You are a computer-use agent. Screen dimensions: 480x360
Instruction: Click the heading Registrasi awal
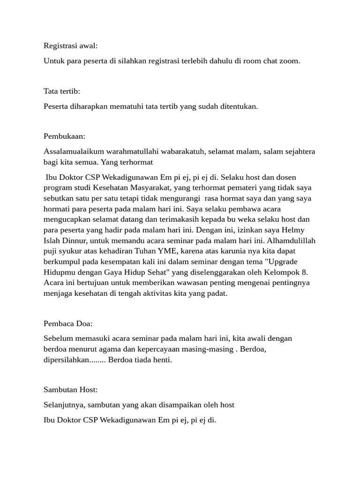[x=71, y=46]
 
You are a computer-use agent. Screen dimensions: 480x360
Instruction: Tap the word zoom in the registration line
[x=290, y=61]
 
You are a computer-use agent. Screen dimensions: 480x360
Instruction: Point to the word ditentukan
[x=238, y=106]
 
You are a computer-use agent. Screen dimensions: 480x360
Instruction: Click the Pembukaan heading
[x=65, y=136]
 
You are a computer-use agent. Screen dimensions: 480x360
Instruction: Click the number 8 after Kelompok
[x=305, y=272]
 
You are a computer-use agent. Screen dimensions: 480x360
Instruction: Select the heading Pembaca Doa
[x=68, y=323]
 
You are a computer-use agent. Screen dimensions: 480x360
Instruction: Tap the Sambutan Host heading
[x=70, y=390]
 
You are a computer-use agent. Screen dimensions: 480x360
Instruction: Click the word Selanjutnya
[x=64, y=405]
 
